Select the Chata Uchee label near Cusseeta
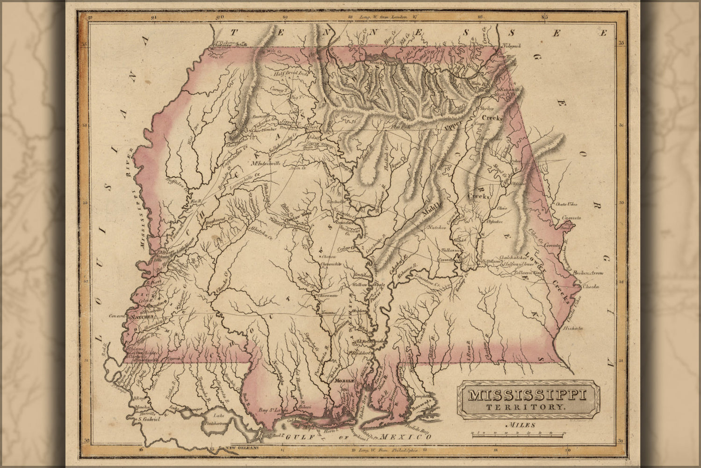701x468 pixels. [x=566, y=205]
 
